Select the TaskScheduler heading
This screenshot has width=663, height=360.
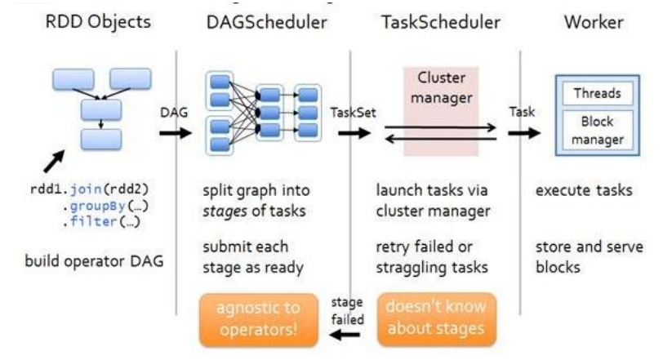pos(434,22)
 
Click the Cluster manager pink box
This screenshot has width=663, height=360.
pos(441,90)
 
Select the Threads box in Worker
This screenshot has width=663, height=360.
pos(597,94)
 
